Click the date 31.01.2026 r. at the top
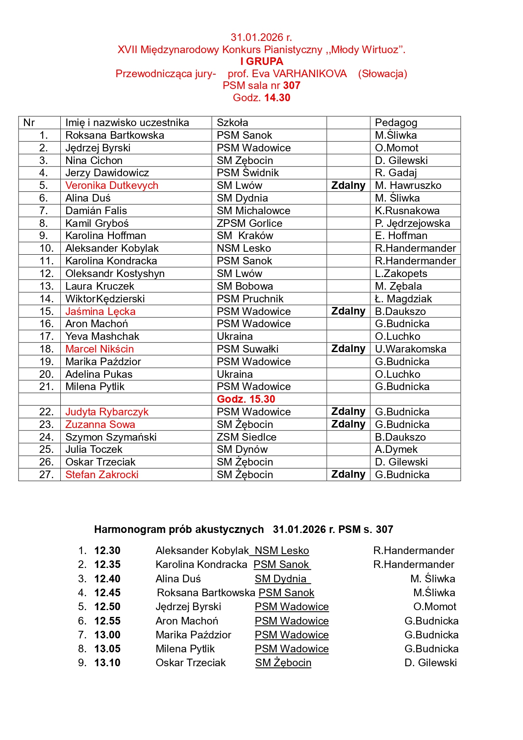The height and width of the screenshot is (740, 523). tap(261, 38)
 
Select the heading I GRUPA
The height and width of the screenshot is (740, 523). tap(261, 62)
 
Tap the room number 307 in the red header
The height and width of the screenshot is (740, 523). tap(291, 86)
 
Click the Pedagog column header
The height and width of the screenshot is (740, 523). tap(396, 123)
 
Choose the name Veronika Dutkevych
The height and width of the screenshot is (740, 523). tap(112, 186)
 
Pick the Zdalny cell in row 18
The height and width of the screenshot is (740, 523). tap(348, 349)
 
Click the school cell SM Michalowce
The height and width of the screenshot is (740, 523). tap(253, 211)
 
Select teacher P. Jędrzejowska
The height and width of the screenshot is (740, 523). tap(412, 223)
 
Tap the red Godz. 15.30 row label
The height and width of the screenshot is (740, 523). tap(246, 399)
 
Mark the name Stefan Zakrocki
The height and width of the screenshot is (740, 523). tap(102, 475)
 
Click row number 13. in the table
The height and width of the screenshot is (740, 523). tap(46, 286)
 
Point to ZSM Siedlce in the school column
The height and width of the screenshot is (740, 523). tap(246, 437)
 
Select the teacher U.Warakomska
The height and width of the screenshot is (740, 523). tap(410, 349)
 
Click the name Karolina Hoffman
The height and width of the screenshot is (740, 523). tap(105, 236)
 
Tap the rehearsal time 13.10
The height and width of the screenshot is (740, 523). tap(107, 663)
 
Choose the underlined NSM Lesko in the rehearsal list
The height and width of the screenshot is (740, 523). tap(281, 551)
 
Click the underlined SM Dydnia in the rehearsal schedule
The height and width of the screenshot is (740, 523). tap(281, 579)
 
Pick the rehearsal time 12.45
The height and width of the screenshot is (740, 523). tap(107, 593)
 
